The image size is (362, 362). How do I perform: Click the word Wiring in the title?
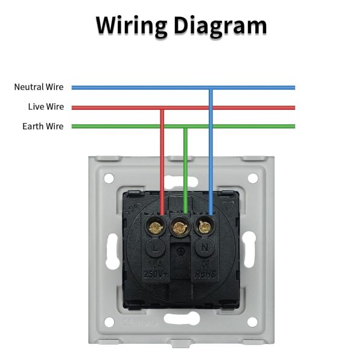[x=130, y=25]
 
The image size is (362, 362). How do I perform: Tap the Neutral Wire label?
[x=39, y=87]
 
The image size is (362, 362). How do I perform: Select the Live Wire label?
[x=46, y=107]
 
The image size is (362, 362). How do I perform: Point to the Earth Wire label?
[x=43, y=127]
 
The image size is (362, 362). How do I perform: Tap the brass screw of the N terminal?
[x=205, y=227]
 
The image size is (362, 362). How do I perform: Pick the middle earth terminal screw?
[x=180, y=227]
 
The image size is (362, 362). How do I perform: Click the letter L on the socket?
[x=156, y=248]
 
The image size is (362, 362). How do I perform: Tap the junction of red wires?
[x=162, y=107]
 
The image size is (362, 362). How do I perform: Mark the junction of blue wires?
[x=210, y=87]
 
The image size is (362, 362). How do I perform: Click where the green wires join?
[x=185, y=127]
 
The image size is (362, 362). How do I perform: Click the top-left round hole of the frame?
[x=109, y=179]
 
